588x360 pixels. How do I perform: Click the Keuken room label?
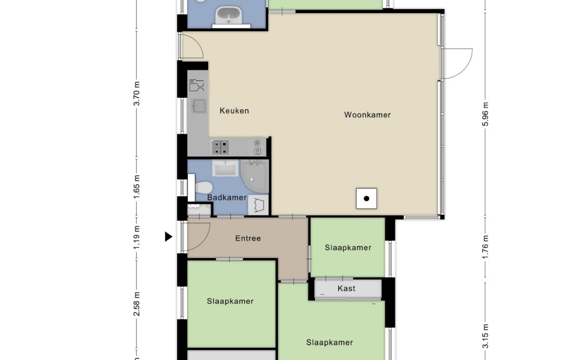click(x=234, y=110)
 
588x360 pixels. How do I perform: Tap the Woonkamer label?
click(x=367, y=115)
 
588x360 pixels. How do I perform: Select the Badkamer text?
click(x=227, y=197)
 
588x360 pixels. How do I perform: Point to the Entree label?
click(x=248, y=238)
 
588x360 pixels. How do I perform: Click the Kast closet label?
click(x=346, y=289)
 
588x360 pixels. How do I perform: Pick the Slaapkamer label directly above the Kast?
click(x=348, y=247)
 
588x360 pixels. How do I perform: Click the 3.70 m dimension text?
click(x=137, y=94)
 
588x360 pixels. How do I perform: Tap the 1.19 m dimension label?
click(x=137, y=238)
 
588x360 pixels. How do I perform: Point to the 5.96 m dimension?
click(x=485, y=115)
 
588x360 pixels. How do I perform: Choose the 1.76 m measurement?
click(x=485, y=247)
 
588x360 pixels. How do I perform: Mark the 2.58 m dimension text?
click(x=137, y=304)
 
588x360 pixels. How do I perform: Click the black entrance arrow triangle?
click(x=169, y=236)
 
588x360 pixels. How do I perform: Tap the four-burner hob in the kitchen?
click(x=220, y=147)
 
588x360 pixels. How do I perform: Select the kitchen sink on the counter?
click(x=199, y=106)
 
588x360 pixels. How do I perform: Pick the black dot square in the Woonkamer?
click(x=367, y=199)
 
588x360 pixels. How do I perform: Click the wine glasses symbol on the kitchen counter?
click(x=197, y=85)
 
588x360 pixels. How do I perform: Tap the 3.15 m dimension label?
click(x=485, y=336)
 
